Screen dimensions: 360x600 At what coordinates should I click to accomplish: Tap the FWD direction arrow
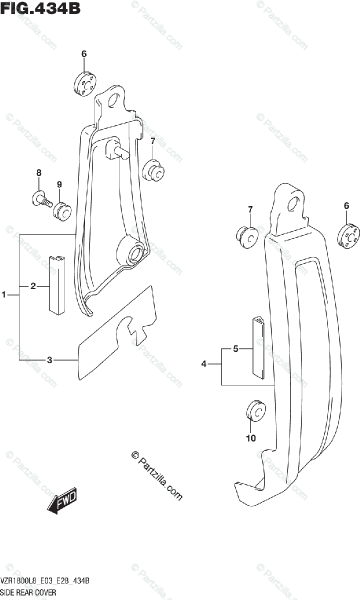[x=62, y=499]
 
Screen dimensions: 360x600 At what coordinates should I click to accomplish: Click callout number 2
[x=33, y=286]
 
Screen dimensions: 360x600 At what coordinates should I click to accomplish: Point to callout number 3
[x=49, y=359]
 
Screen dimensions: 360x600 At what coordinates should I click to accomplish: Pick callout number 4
[x=204, y=364]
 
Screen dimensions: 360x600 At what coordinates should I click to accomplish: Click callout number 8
[x=38, y=173]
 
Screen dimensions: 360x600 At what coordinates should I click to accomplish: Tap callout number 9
[x=59, y=185]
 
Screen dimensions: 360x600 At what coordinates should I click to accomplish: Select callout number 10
[x=250, y=438]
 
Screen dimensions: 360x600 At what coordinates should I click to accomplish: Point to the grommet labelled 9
[x=62, y=210]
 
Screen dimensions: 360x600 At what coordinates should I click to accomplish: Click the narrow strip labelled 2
[x=57, y=284]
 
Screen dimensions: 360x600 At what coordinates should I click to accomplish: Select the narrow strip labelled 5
[x=259, y=345]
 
